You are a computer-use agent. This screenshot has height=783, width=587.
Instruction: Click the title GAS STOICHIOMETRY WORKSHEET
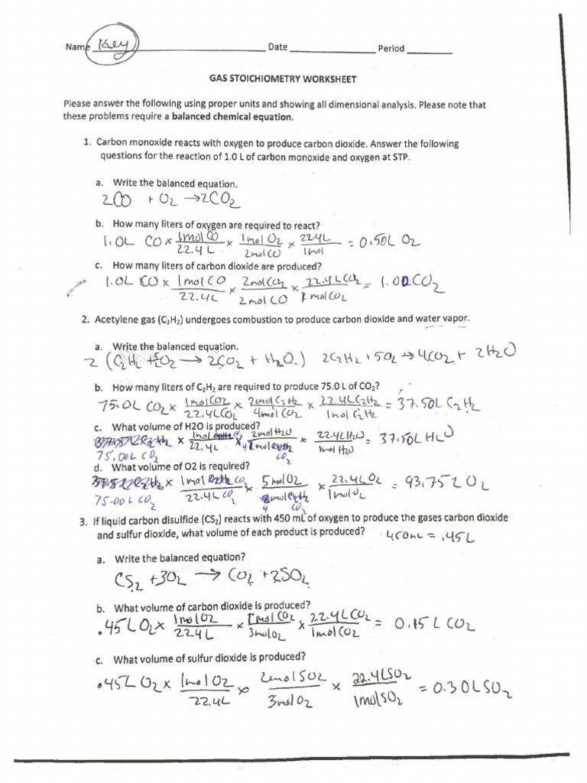282,80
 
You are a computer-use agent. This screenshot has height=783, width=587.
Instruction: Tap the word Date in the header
277,47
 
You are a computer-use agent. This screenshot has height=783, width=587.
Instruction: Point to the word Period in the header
391,49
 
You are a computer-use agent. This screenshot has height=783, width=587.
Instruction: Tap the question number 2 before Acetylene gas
87,318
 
